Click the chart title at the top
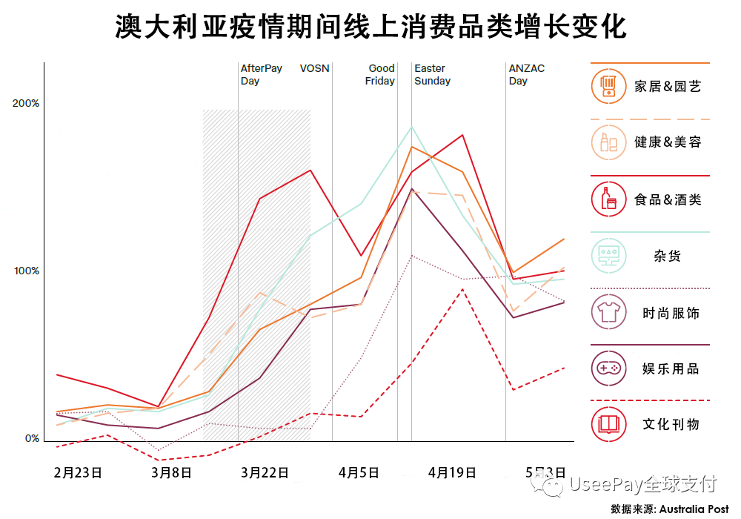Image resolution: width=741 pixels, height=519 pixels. (370, 27)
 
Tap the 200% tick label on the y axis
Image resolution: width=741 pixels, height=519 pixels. (26, 103)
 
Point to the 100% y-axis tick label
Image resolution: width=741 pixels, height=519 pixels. (26, 271)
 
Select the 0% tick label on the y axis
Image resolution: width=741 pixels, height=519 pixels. (30, 438)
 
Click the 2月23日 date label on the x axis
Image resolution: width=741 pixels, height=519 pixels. (78, 472)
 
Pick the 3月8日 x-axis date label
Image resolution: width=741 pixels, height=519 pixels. (171, 472)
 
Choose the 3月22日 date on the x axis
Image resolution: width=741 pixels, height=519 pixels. (265, 472)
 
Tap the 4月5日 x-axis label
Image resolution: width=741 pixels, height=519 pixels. (359, 472)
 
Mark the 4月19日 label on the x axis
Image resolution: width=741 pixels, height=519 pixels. (452, 472)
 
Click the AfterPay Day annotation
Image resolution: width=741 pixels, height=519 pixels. (261, 74)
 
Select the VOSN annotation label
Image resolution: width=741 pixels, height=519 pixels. (314, 68)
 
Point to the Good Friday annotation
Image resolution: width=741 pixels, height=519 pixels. (381, 74)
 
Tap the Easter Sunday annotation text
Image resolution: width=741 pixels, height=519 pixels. (432, 74)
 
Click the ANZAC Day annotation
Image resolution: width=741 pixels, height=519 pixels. (526, 74)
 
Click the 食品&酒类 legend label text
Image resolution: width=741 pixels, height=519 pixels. (668, 199)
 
